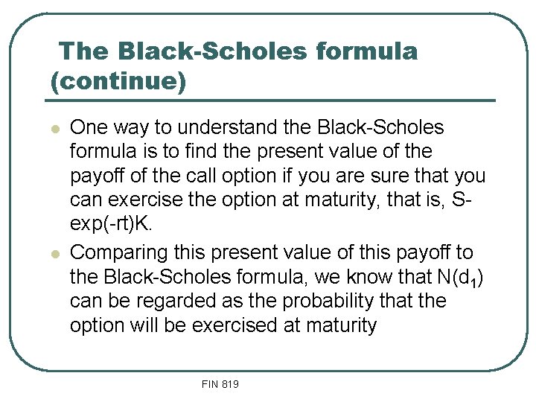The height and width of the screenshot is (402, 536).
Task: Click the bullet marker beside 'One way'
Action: pyautogui.click(x=54, y=129)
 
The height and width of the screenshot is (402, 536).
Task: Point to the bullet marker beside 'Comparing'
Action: pyautogui.click(x=54, y=254)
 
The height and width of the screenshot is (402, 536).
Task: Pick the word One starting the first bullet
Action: pyautogui.click(x=88, y=127)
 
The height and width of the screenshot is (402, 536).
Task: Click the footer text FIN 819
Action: pyautogui.click(x=220, y=384)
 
